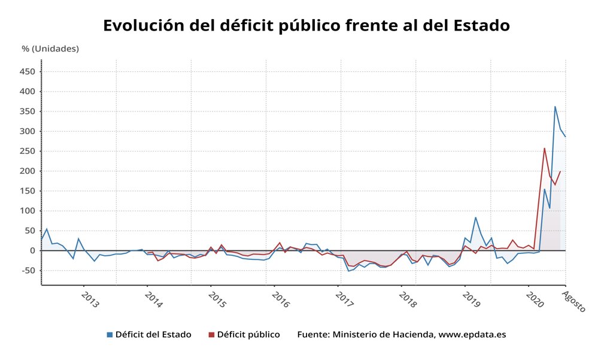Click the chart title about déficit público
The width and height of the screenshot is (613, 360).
pos(306,26)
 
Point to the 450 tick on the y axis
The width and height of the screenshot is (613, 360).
pos(28,72)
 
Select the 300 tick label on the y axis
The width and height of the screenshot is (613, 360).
pos(28,131)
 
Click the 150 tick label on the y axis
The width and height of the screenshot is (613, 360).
pos(28,191)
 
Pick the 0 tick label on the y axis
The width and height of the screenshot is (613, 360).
pos(34,250)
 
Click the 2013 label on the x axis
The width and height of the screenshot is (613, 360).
pos(90,300)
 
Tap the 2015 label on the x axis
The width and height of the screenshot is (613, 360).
pos(217,300)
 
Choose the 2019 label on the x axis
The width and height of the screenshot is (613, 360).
pos(472,300)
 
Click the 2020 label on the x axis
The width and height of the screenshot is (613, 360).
pos(535,300)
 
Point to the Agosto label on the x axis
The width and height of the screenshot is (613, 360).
pos(574,301)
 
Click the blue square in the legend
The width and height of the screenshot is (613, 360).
pos(110,335)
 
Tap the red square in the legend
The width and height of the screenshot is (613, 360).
pos(211,335)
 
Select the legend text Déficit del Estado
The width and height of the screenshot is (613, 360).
pos(153,335)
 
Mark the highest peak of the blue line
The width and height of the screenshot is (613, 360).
pos(555,107)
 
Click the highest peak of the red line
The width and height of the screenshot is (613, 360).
pos(544,148)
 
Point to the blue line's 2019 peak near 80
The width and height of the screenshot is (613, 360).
pos(475,217)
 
